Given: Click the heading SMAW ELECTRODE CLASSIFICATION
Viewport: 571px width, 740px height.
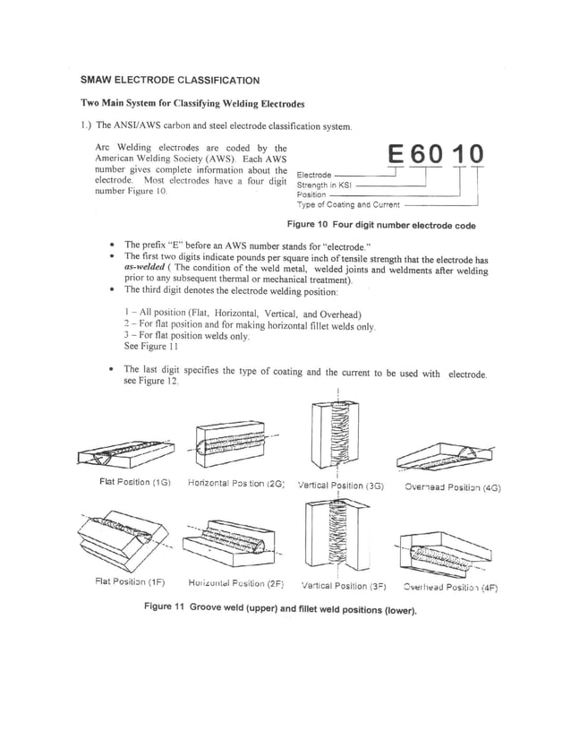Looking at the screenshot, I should click(170, 80).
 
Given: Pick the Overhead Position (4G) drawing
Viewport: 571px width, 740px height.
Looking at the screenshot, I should click(439, 457).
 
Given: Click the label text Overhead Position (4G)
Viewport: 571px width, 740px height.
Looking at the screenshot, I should click(452, 488).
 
